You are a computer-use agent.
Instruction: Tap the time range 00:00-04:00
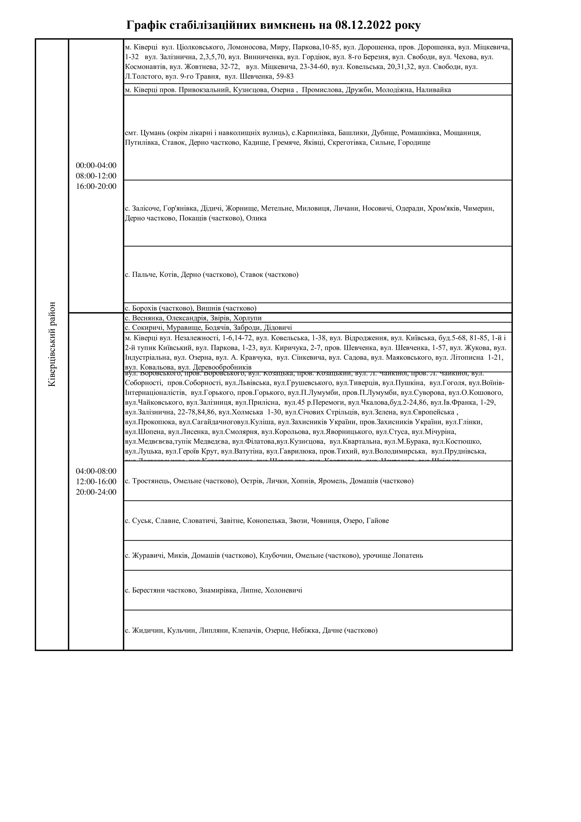click(96, 165)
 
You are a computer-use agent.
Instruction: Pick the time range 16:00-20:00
click(96, 186)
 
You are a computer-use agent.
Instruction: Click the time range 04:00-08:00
click(96, 471)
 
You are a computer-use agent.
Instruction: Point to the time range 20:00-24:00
click(96, 492)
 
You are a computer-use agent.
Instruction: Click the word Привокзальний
click(204, 90)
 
